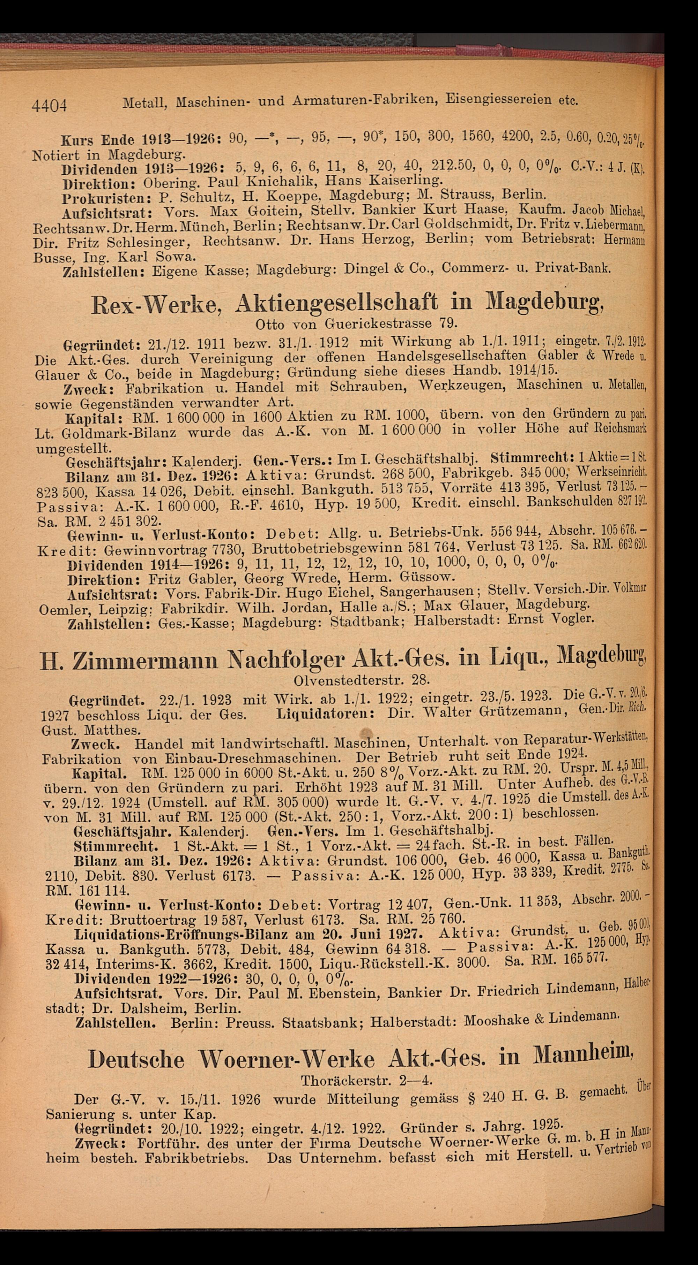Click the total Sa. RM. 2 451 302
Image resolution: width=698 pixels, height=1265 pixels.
(98, 519)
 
